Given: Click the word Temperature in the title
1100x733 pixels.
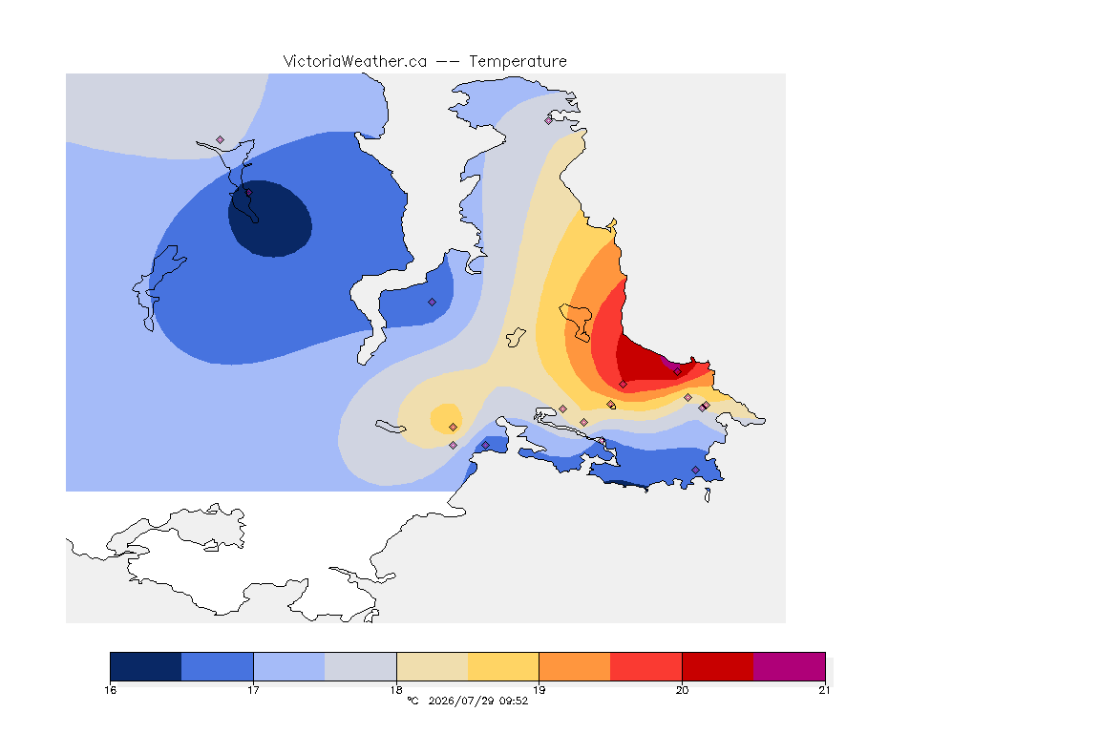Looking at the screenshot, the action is click(x=518, y=62).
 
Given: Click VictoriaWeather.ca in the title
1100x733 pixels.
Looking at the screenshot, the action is click(x=355, y=62).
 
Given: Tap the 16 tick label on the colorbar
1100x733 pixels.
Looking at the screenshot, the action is click(x=110, y=690).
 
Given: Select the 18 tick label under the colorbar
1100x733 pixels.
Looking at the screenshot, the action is click(x=396, y=690).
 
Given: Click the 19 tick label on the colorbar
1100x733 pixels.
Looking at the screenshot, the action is click(x=539, y=690).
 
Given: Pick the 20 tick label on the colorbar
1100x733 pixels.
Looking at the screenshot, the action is click(x=682, y=690).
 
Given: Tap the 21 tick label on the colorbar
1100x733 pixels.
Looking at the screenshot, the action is click(x=824, y=690).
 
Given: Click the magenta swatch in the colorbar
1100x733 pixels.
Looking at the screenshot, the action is click(x=790, y=666).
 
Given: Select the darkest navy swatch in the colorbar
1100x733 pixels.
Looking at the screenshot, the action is click(x=146, y=666).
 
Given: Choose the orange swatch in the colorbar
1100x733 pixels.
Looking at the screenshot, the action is click(x=575, y=666).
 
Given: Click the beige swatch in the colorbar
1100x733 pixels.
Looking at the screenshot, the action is click(x=433, y=666).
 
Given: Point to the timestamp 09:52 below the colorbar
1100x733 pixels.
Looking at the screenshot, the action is click(x=514, y=701).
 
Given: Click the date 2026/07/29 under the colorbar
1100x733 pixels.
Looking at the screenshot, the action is click(x=461, y=701).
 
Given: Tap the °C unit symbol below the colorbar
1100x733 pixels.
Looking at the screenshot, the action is click(x=412, y=701).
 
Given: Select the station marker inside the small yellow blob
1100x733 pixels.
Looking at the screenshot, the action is click(x=454, y=428).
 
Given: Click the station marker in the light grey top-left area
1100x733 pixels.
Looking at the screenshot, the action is click(x=221, y=140).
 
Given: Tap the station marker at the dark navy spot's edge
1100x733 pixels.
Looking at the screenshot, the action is click(x=248, y=193).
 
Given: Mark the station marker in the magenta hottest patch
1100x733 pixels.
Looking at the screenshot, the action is click(x=677, y=372).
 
